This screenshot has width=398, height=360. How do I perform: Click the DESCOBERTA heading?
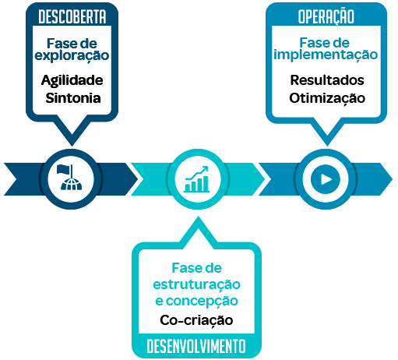coord(72,16)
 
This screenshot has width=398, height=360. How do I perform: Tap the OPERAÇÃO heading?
coord(326,16)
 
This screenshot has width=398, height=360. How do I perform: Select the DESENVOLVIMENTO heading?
coord(196,346)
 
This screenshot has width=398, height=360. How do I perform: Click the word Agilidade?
coord(72,80)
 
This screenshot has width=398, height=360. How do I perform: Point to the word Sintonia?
coord(73,98)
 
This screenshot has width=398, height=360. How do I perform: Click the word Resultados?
coord(327,80)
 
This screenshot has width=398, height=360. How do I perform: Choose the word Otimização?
coord(327,99)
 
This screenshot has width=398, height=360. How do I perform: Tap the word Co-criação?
coord(196,320)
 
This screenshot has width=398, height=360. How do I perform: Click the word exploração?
coord(72,56)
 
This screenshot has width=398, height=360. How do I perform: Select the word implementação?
coord(326,55)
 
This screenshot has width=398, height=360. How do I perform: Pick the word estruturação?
coord(196,285)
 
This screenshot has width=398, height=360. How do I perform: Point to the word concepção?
coord(202,302)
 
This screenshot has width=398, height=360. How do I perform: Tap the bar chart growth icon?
coord(196,179)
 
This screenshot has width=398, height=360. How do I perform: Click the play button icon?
coord(326,179)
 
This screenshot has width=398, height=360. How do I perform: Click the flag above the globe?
coord(64,170)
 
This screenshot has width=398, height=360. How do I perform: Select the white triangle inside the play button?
coord(326,179)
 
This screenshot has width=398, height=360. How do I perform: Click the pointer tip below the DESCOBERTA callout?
coord(72,146)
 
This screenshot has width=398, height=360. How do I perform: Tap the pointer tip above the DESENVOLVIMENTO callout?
coord(199,217)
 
